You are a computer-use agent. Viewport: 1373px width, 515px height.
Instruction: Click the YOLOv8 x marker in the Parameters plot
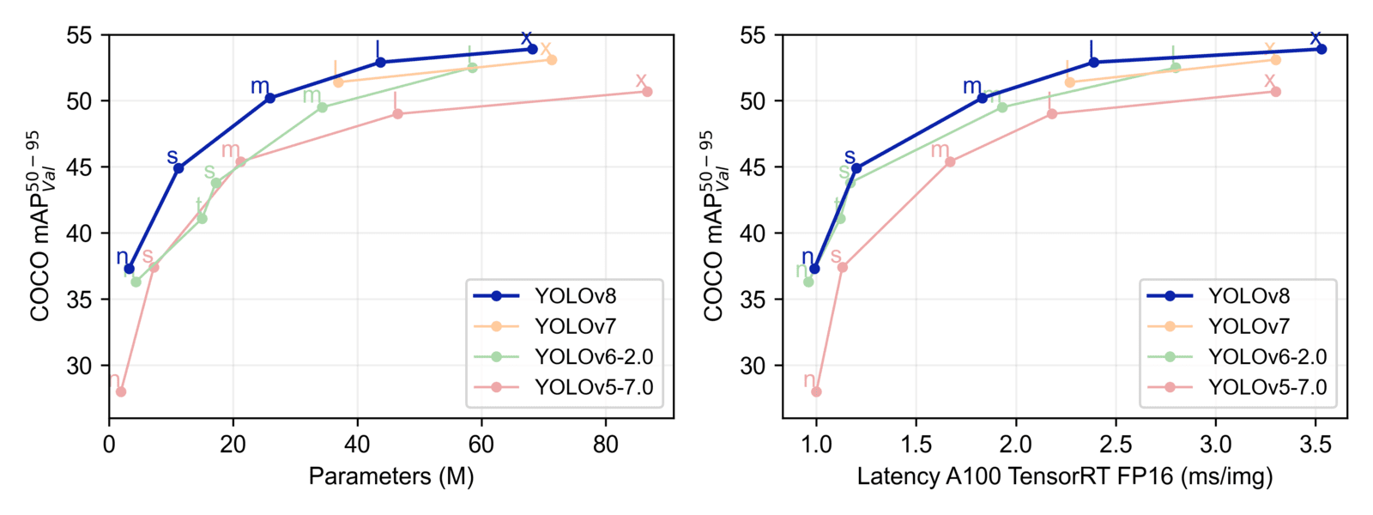pyautogui.click(x=532, y=49)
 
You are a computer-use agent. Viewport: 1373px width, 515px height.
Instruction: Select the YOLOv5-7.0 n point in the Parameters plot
pyautogui.click(x=121, y=391)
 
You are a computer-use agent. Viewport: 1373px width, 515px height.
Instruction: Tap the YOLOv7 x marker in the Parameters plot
pyautogui.click(x=552, y=60)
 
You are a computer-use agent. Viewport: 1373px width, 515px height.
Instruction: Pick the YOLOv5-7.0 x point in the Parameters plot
pyautogui.click(x=647, y=91)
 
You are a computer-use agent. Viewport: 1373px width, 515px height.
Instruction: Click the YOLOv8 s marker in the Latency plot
pyautogui.click(x=856, y=168)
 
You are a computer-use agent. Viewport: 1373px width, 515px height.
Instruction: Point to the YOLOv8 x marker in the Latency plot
pyautogui.click(x=1322, y=49)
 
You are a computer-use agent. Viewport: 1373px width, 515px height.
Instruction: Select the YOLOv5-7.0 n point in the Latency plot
pyautogui.click(x=816, y=391)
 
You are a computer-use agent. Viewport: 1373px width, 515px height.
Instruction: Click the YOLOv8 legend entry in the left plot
pyautogui.click(x=575, y=296)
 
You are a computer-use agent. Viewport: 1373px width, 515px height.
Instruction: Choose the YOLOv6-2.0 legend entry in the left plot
pyautogui.click(x=593, y=357)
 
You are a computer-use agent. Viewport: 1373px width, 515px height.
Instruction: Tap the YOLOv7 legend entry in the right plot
pyautogui.click(x=1249, y=326)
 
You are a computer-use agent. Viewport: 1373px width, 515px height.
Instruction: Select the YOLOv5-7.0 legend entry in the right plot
pyautogui.click(x=1267, y=387)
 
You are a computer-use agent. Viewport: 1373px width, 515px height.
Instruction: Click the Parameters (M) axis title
pyautogui.click(x=391, y=476)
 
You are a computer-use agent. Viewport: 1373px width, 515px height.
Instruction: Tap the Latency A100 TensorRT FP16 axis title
pyautogui.click(x=1064, y=476)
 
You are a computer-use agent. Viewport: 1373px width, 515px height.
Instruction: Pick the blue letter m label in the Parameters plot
pyautogui.click(x=260, y=86)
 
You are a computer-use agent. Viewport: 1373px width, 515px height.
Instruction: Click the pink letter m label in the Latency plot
pyautogui.click(x=941, y=150)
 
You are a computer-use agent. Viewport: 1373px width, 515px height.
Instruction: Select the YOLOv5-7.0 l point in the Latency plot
pyautogui.click(x=1052, y=113)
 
